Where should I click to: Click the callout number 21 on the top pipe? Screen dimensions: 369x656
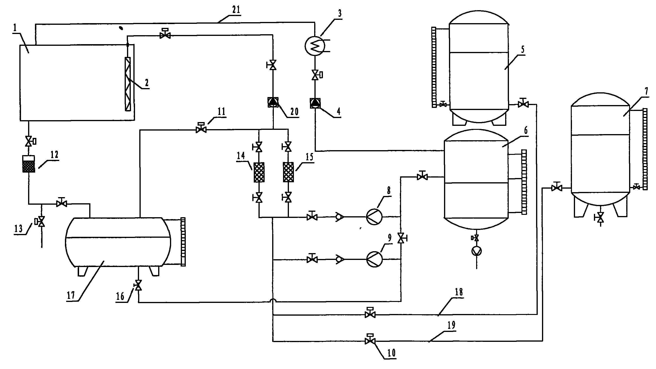[236, 10]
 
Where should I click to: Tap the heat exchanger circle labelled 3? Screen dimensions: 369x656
[315, 46]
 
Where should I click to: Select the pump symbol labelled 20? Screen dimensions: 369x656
[273, 103]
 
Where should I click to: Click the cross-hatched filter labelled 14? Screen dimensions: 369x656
[259, 172]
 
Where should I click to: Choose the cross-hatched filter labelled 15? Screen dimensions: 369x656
[288, 172]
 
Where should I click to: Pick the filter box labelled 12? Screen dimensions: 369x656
[29, 164]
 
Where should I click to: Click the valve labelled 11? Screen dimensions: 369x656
[201, 129]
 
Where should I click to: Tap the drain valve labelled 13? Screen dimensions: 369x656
[41, 221]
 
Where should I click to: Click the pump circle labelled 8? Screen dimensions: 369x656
[374, 217]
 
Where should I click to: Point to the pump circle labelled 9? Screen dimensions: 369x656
[374, 259]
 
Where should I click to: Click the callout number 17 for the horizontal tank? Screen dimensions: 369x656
[71, 295]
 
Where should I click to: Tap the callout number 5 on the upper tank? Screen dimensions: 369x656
[523, 50]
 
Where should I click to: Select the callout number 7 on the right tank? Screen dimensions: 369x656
[646, 91]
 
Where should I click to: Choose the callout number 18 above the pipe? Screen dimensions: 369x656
[459, 292]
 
